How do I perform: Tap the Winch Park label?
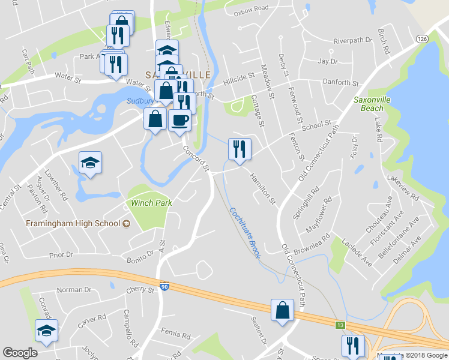pyautogui.click(x=152, y=203)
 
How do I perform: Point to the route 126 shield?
pyautogui.click(x=423, y=38)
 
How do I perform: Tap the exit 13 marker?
pyautogui.click(x=340, y=325)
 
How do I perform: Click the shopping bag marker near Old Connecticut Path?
pyautogui.click(x=282, y=310)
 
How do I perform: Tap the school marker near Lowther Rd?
pyautogui.click(x=90, y=163)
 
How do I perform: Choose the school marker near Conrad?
pyautogui.click(x=46, y=331)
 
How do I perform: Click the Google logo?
pyautogui.click(x=20, y=353)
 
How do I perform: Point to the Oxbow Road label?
pyautogui.click(x=251, y=9)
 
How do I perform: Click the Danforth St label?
pyautogui.click(x=340, y=83)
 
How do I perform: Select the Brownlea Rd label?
pyautogui.click(x=313, y=241)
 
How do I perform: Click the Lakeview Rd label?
pyautogui.click(x=403, y=185)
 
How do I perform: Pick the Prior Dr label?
pyautogui.click(x=62, y=254)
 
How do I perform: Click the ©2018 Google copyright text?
pyautogui.click(x=425, y=356)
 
